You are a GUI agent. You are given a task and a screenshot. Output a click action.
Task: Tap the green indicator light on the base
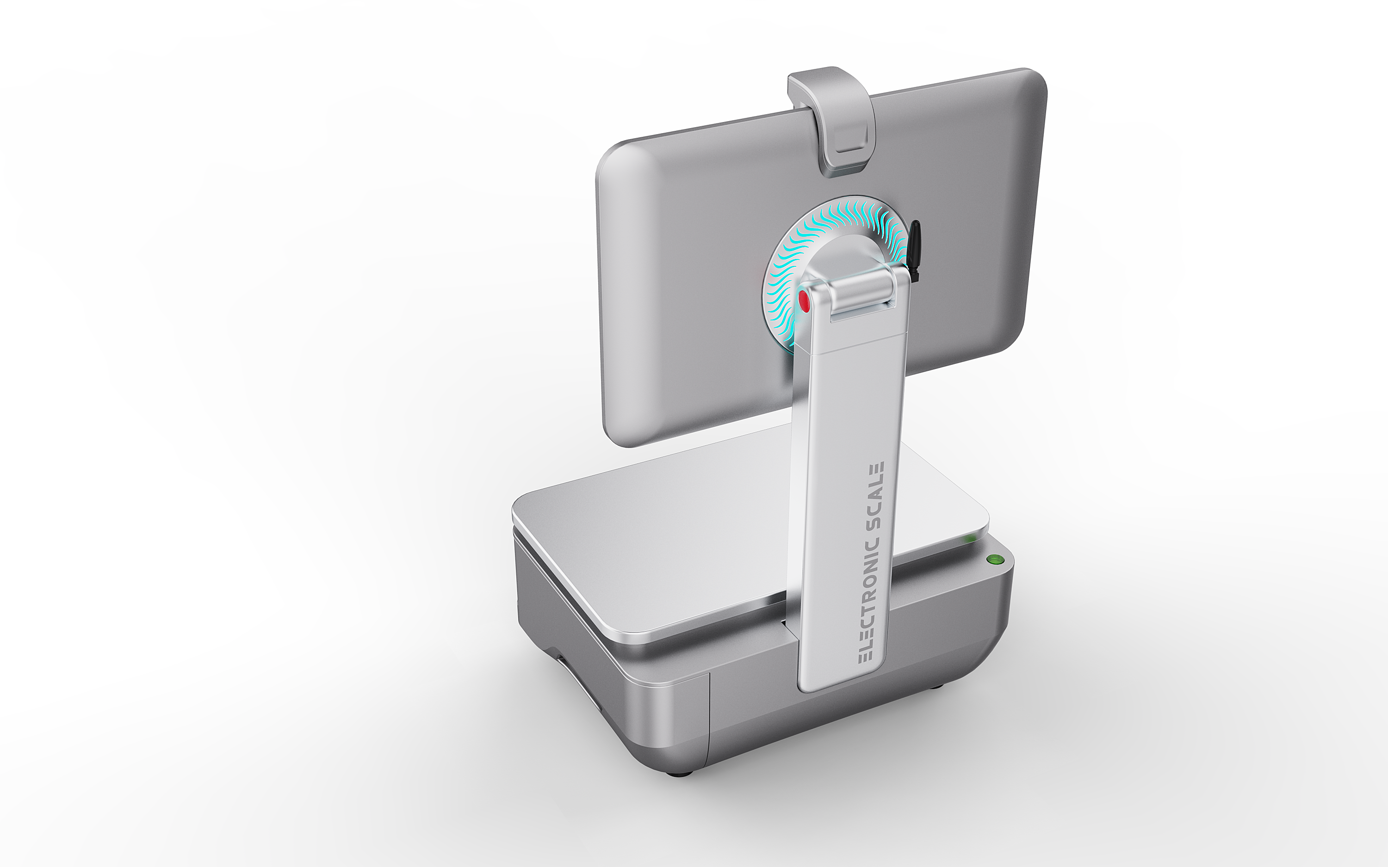pos(993,559)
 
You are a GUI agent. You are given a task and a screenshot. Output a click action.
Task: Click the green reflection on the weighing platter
pos(969,539)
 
